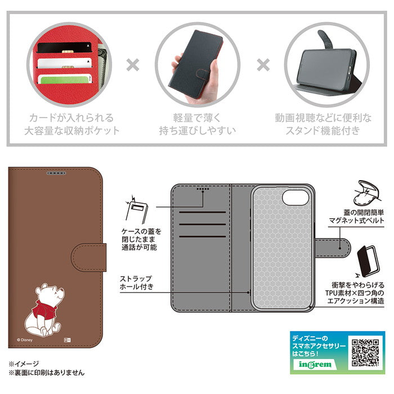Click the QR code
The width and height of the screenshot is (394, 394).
(x=365, y=353)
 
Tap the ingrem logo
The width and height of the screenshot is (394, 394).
(x=315, y=364)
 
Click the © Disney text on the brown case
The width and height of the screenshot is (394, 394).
(x=25, y=340)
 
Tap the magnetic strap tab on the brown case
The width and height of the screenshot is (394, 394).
(x=89, y=257)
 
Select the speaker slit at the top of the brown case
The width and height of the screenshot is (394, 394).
(x=56, y=173)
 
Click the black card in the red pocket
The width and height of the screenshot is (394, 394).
(x=64, y=47)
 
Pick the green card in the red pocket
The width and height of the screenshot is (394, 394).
(x=65, y=80)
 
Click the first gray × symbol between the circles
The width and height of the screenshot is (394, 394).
(x=133, y=65)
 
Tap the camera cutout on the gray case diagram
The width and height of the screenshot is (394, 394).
(x=295, y=197)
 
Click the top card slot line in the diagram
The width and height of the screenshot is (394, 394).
(x=202, y=212)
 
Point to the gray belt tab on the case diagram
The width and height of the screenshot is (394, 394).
(x=333, y=248)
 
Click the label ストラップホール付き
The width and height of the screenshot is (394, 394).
(x=136, y=283)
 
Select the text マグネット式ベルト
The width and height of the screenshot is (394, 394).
(x=356, y=221)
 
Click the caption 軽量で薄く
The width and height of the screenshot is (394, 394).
(x=197, y=118)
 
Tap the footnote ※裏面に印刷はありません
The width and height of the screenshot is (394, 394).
(x=47, y=373)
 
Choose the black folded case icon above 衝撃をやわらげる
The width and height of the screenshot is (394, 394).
(x=368, y=261)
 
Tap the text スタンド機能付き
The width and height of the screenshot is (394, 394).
(x=323, y=131)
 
